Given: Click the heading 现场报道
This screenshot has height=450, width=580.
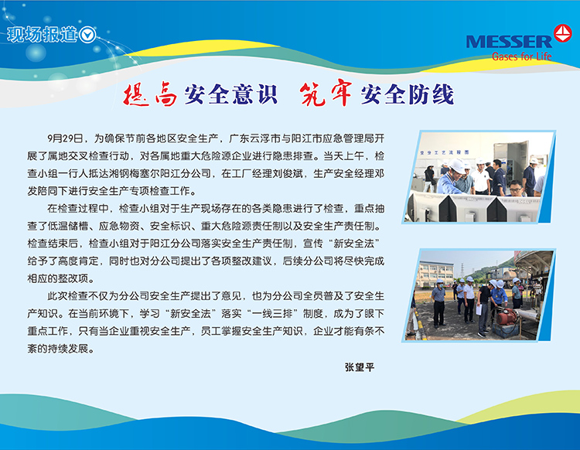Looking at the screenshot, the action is [x=42, y=35].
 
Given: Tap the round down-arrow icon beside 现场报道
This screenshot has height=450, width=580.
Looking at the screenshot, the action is [x=87, y=35].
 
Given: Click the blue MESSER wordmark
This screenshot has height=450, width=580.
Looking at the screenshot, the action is [x=509, y=42].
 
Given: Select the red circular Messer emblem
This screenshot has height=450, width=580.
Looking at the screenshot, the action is [x=563, y=33].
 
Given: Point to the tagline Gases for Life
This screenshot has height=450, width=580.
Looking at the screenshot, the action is [x=521, y=56].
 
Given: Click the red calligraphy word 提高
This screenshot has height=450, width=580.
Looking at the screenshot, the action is [x=150, y=94].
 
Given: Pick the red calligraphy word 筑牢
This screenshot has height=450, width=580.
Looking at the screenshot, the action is [x=326, y=94].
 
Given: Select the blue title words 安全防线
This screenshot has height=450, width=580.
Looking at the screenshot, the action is [x=408, y=94].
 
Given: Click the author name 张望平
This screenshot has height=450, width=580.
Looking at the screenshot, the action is [x=360, y=367].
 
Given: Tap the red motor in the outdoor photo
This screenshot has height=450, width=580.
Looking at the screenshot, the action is [x=507, y=317].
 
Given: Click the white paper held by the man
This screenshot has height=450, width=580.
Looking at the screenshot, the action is [x=478, y=309].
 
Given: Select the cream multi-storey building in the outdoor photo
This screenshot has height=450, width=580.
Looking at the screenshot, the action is [x=435, y=274].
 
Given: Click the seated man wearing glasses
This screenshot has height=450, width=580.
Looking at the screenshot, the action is [x=517, y=188].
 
